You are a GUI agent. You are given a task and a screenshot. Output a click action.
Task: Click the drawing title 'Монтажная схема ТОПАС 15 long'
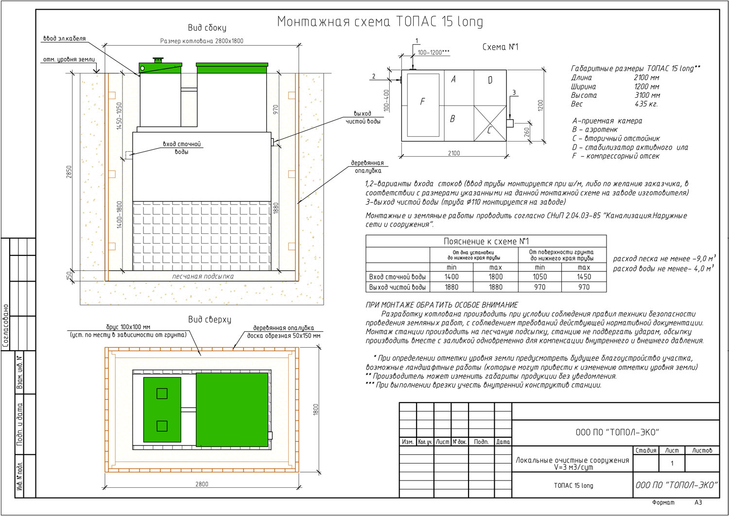click(380, 22)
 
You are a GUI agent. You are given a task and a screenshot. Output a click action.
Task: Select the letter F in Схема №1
click(422, 102)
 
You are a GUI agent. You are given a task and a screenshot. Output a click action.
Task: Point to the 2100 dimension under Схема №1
click(453, 153)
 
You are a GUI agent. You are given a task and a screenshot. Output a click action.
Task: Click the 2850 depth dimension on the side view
click(69, 172)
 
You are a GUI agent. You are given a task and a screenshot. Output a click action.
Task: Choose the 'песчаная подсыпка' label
click(203, 276)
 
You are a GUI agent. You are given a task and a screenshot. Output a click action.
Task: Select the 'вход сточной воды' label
click(182, 148)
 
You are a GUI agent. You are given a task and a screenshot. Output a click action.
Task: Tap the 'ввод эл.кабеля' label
click(64, 38)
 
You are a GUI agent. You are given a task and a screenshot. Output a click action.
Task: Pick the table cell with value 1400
click(451, 277)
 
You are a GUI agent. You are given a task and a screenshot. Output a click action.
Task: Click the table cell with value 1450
click(584, 277)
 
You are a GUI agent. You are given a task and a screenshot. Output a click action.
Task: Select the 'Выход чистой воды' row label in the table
click(397, 287)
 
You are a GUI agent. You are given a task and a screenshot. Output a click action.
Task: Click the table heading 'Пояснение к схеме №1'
click(486, 241)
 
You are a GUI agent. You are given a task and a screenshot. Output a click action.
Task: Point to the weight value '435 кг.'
click(646, 104)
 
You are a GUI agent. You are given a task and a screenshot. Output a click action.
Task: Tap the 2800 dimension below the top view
click(202, 484)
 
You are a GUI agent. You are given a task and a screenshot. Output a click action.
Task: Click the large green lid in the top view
click(232, 409)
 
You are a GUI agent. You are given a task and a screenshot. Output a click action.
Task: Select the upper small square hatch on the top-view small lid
click(162, 393)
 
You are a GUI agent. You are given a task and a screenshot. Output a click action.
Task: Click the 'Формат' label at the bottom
click(663, 502)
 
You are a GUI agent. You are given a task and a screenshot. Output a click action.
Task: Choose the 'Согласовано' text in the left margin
click(6, 326)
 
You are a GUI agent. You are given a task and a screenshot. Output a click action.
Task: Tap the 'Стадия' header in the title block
click(646, 450)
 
